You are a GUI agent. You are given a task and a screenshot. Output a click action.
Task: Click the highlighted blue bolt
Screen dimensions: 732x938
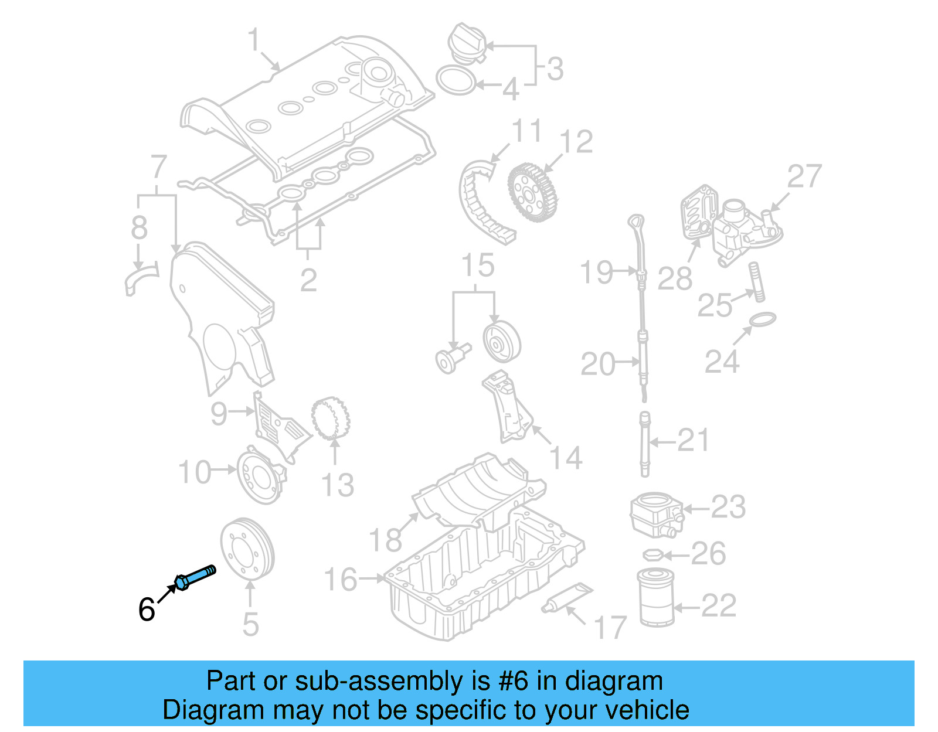tap(195, 577)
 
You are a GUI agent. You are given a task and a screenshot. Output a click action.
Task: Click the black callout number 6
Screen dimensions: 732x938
tap(147, 610)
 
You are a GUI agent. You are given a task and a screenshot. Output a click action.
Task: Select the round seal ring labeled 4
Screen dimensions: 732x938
tap(456, 80)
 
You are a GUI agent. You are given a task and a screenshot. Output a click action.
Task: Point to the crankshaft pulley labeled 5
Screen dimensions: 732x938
tap(247, 547)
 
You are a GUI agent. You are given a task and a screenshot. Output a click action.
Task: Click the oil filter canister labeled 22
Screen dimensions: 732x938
tap(655, 597)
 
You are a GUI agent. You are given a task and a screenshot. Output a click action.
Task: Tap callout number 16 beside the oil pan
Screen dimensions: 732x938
tap(341, 579)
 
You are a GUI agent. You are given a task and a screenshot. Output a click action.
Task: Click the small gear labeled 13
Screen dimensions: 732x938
tap(330, 418)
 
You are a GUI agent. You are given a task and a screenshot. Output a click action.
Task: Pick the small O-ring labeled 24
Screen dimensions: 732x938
tap(762, 320)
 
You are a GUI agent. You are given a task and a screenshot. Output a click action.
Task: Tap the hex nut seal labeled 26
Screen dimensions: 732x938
tap(653, 554)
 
